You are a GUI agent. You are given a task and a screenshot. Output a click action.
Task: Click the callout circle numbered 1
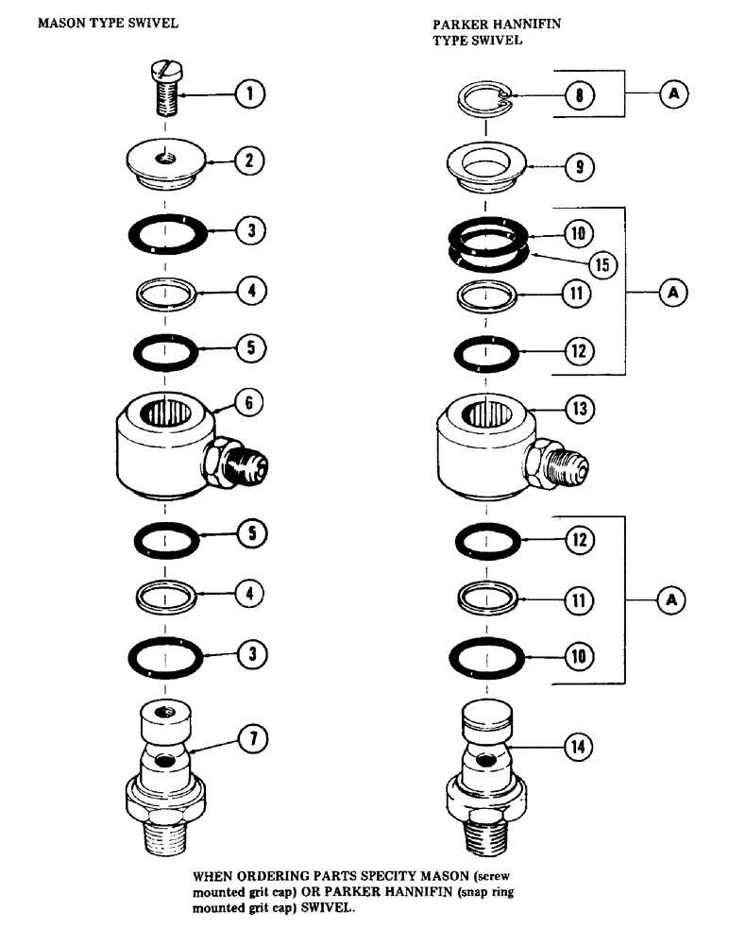251,93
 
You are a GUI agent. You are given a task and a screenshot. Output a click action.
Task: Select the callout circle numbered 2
250,160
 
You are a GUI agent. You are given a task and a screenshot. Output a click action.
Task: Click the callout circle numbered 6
250,403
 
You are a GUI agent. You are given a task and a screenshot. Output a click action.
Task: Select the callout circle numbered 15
600,264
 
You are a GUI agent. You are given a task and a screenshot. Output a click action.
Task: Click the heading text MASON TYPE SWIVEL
94,23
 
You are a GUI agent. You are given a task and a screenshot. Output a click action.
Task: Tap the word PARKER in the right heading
457,25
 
